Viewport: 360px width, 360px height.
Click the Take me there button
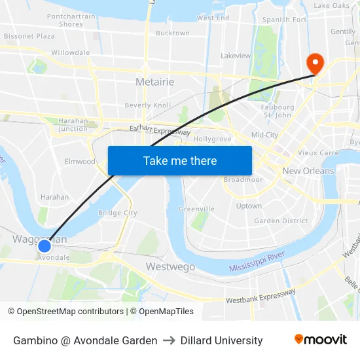180,160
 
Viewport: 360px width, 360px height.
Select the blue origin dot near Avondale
44,246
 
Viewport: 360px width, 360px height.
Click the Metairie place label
154,82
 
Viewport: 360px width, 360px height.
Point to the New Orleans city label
308,171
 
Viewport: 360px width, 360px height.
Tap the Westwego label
170,266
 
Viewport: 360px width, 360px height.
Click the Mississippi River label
257,264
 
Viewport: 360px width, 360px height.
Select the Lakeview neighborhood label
236,56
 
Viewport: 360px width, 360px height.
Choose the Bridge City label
117,213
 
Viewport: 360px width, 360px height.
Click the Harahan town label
54,197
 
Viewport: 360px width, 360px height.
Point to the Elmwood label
80,162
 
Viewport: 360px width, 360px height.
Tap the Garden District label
281,221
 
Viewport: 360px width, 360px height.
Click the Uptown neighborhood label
249,206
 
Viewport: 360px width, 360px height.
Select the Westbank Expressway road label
261,297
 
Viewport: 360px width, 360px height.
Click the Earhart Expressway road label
160,130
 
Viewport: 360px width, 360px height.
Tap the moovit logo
321,340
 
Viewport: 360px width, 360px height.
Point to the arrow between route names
169,340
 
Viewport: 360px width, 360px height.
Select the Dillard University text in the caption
221,340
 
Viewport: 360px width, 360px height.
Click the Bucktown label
172,33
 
